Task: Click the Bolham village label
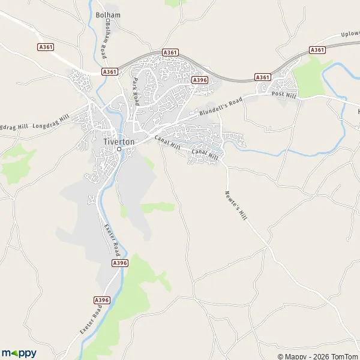point(107,14)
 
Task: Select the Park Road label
point(136,91)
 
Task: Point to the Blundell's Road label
point(221,106)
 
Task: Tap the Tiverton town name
point(119,141)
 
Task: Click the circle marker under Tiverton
point(119,149)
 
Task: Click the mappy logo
point(19,353)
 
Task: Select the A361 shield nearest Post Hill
point(262,77)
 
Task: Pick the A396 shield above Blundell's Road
point(200,80)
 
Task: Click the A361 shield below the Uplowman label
point(317,49)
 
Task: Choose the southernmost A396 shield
point(102,299)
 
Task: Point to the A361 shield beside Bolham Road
point(109,71)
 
